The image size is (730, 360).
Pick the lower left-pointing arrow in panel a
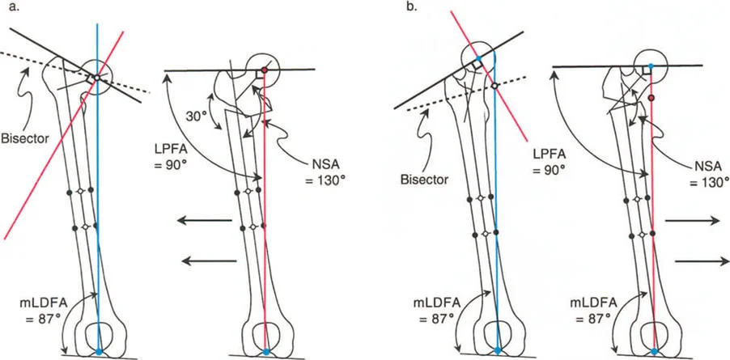(x=208, y=260)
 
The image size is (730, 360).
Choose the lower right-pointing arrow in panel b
(x=698, y=260)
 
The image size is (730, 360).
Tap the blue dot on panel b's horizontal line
(x=651, y=66)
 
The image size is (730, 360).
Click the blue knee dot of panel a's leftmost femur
(x=99, y=353)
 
